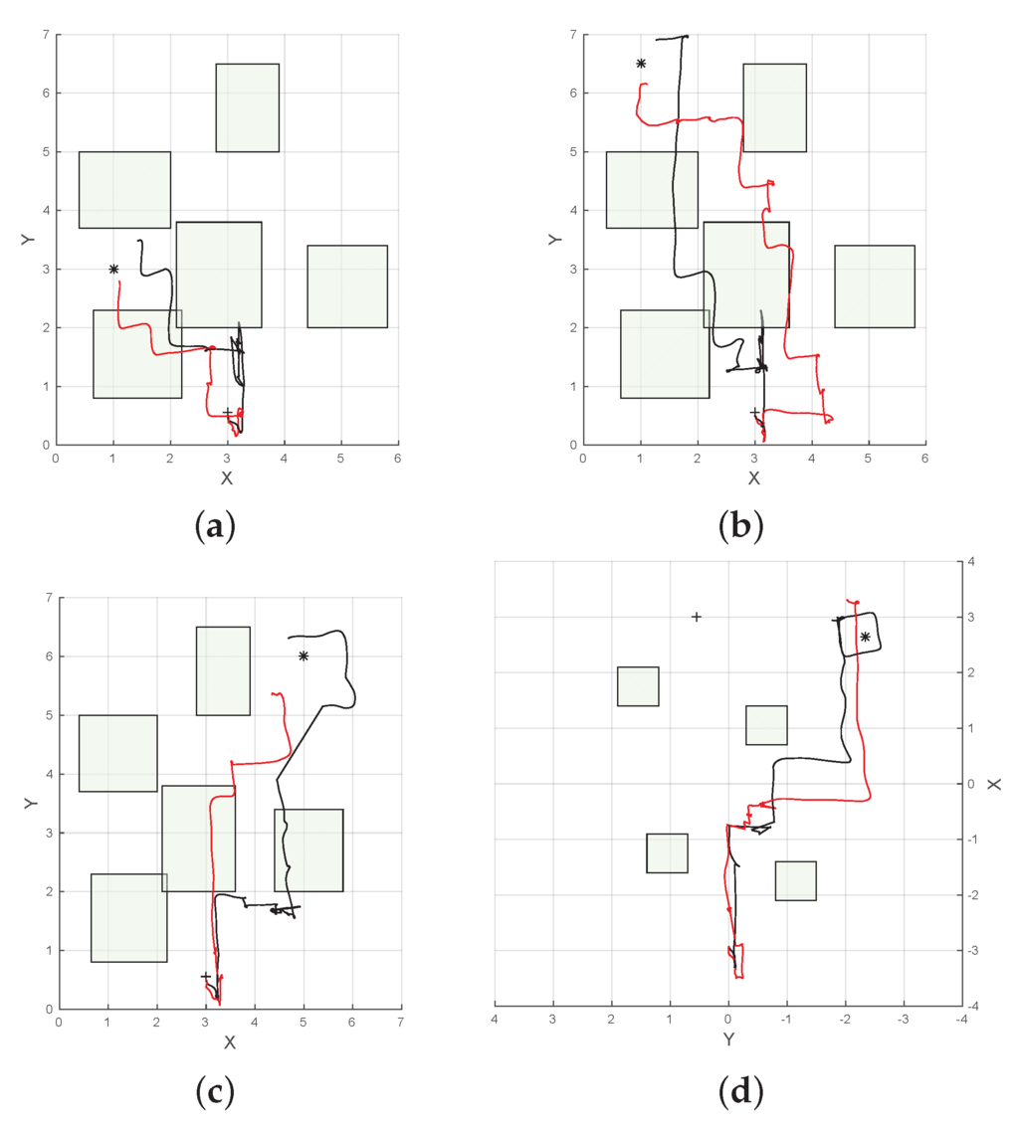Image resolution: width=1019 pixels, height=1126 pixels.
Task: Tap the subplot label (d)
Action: pyautogui.click(x=740, y=1091)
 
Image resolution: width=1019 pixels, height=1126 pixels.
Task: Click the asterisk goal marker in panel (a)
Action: pyautogui.click(x=113, y=269)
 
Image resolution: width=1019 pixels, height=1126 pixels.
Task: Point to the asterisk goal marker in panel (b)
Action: pyautogui.click(x=641, y=64)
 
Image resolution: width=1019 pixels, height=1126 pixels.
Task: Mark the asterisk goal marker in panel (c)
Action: pyautogui.click(x=304, y=656)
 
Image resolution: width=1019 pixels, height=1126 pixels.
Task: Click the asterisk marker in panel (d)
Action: pyautogui.click(x=865, y=637)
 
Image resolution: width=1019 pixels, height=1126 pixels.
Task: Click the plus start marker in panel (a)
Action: pyautogui.click(x=228, y=412)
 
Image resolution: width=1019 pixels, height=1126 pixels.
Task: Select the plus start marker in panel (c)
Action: pyautogui.click(x=206, y=976)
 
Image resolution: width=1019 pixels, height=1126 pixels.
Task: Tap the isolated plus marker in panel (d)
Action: pyautogui.click(x=697, y=617)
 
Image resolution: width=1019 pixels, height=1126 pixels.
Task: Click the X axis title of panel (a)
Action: pyautogui.click(x=227, y=478)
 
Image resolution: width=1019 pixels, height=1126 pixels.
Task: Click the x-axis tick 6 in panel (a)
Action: pyautogui.click(x=398, y=459)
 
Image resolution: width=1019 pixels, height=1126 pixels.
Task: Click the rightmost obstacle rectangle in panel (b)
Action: pyautogui.click(x=875, y=285)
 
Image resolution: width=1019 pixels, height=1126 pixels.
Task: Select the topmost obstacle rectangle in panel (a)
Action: pyautogui.click(x=247, y=107)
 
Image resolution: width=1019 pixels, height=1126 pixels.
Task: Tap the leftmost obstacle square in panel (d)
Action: pyautogui.click(x=638, y=686)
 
